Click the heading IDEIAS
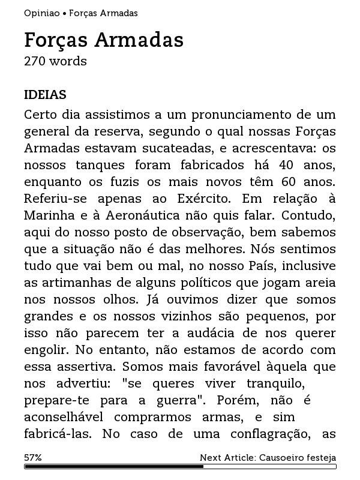coord(45,95)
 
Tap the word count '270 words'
coord(55,61)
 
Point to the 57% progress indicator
coord(33,457)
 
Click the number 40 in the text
coord(272,164)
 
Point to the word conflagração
coord(264,433)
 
